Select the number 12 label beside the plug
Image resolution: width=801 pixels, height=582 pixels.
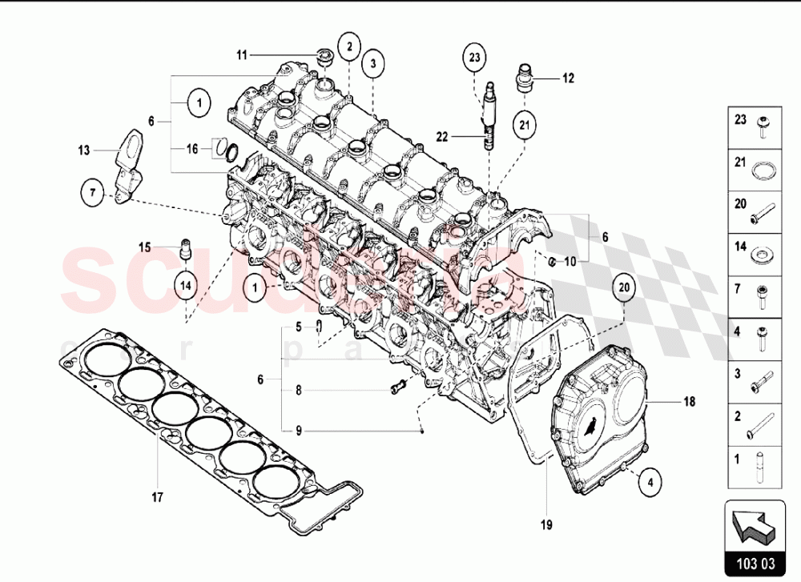(x=568, y=78)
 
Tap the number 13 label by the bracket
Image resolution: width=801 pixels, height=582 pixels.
(x=85, y=150)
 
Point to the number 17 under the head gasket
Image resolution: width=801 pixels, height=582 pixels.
(x=157, y=497)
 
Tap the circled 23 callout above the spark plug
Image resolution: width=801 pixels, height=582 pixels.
(x=474, y=57)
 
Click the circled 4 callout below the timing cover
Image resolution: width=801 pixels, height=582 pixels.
(x=650, y=483)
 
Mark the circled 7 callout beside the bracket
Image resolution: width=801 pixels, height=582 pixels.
(x=93, y=192)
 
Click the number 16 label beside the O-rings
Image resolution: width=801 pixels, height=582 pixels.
(x=192, y=149)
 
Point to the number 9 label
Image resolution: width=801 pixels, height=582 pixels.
(x=298, y=431)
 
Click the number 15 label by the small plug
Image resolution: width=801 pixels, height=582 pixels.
(x=144, y=247)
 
